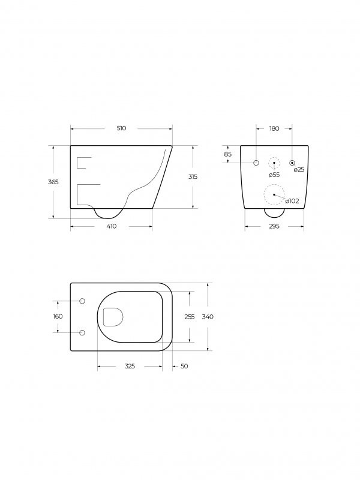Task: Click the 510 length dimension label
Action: coord(122,128)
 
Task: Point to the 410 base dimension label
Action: coord(112,226)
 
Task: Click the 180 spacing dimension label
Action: coord(274,128)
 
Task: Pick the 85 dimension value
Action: coord(227,154)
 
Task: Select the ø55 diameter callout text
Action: coord(274,175)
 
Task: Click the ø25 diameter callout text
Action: coord(299,170)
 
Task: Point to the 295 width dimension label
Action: coord(274,226)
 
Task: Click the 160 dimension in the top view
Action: coord(58,316)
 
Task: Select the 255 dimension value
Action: coord(189,316)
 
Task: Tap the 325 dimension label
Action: coord(130,366)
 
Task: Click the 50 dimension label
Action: coord(184,366)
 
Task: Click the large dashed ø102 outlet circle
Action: coord(274,194)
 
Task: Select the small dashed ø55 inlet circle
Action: coord(274,163)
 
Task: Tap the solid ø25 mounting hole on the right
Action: coord(292,163)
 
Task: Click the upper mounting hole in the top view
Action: coord(83,301)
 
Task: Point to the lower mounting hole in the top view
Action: coord(83,332)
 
